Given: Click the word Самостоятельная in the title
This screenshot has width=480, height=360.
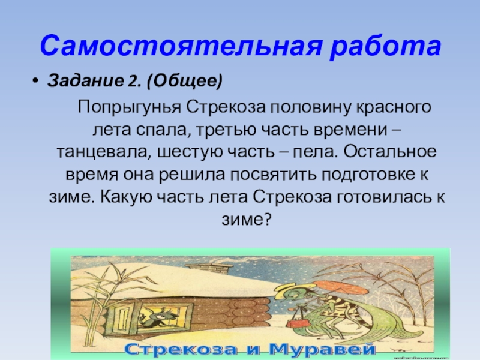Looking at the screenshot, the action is (x=181, y=46).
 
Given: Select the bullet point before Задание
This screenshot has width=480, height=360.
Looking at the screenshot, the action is (x=35, y=80).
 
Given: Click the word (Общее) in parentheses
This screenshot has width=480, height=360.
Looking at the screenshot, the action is (x=185, y=81).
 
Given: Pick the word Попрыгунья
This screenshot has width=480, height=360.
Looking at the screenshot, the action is (x=129, y=108).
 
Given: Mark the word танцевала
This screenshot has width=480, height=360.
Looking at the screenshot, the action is (x=102, y=152).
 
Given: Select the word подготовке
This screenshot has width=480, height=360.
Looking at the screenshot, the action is (x=364, y=175).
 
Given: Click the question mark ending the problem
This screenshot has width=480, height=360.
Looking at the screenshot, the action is (x=268, y=219).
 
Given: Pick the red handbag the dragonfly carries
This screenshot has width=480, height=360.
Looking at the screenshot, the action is (x=296, y=322).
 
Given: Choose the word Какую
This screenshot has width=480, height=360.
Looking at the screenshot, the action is (x=126, y=197).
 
